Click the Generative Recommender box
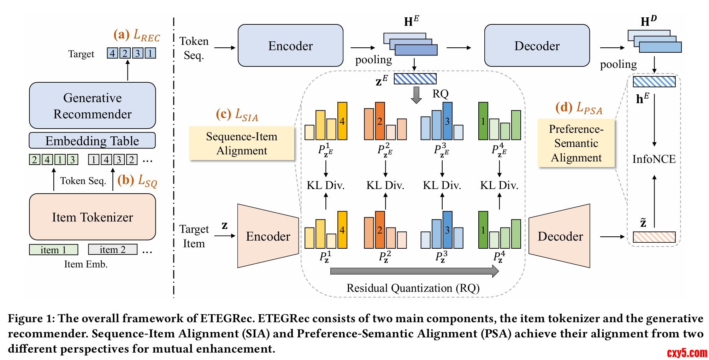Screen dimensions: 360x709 [x=92, y=106]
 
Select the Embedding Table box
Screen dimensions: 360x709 [x=92, y=141]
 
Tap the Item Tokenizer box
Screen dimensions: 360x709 [x=92, y=217]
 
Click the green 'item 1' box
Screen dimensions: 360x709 [x=53, y=249]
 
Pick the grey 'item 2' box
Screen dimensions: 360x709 [x=112, y=249]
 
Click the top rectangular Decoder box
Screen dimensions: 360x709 [x=537, y=46]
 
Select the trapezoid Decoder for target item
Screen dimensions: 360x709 [x=560, y=236]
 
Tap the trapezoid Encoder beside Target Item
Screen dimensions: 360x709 [x=268, y=236]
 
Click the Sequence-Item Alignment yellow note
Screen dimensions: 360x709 [x=242, y=143]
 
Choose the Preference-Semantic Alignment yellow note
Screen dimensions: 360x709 [x=576, y=143]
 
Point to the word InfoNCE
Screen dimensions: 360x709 [x=654, y=159]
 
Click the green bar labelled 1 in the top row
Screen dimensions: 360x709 [x=483, y=121]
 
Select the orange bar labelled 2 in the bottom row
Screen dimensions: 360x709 [x=380, y=230]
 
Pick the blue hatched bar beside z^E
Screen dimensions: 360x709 [x=415, y=78]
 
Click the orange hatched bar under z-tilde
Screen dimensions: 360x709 [x=654, y=237]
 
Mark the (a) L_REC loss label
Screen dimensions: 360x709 [x=137, y=35]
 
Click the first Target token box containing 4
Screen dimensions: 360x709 [x=112, y=53]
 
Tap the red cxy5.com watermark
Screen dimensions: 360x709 [x=687, y=353]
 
